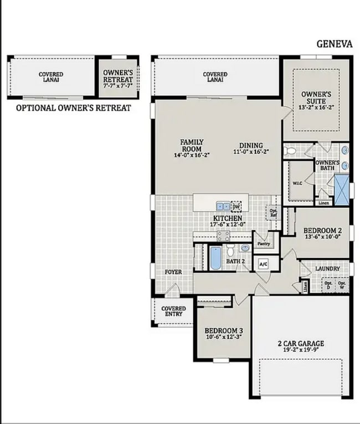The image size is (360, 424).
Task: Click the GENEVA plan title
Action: [x=334, y=44]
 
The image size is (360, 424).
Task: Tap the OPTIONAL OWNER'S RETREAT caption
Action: [x=73, y=108]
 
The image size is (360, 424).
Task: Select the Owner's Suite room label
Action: [x=316, y=97]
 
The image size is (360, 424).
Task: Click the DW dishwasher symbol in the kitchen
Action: [x=236, y=206]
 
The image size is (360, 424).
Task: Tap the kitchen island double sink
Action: [x=223, y=206]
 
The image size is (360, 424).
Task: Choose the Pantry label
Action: [x=264, y=243]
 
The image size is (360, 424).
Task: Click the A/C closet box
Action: [x=263, y=263]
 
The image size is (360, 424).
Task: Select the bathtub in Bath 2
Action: [x=215, y=258]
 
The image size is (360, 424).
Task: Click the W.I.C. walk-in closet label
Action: [x=297, y=183]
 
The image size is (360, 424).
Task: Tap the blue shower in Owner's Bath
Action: [x=341, y=189]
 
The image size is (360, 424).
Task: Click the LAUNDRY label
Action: [x=327, y=269]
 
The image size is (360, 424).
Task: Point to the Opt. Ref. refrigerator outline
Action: [x=273, y=212]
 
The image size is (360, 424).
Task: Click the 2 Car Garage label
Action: [x=301, y=343]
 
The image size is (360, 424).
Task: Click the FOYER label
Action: [x=173, y=272]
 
